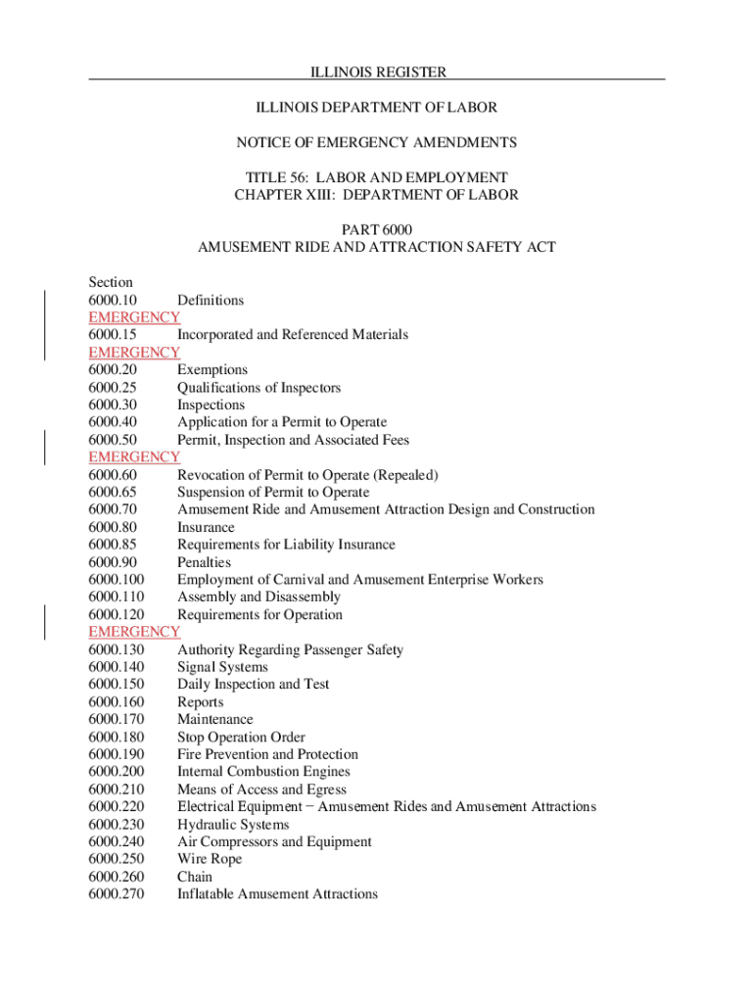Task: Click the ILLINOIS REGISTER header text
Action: [377, 72]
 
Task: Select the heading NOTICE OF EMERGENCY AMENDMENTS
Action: [377, 143]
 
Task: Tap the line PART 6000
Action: [377, 229]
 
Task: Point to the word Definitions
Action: [211, 300]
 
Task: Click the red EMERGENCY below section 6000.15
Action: [134, 353]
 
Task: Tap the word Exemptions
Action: [212, 370]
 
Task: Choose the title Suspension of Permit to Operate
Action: [273, 493]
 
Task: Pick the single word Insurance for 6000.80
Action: [206, 528]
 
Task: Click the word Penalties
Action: [204, 562]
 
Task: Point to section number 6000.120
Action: [116, 615]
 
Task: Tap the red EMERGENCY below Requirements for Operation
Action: [134, 633]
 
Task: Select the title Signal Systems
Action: [222, 667]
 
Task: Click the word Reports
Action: [201, 702]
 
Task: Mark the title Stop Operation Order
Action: [241, 738]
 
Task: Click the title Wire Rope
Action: [210, 859]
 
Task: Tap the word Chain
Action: [195, 877]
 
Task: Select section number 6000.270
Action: [116, 894]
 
